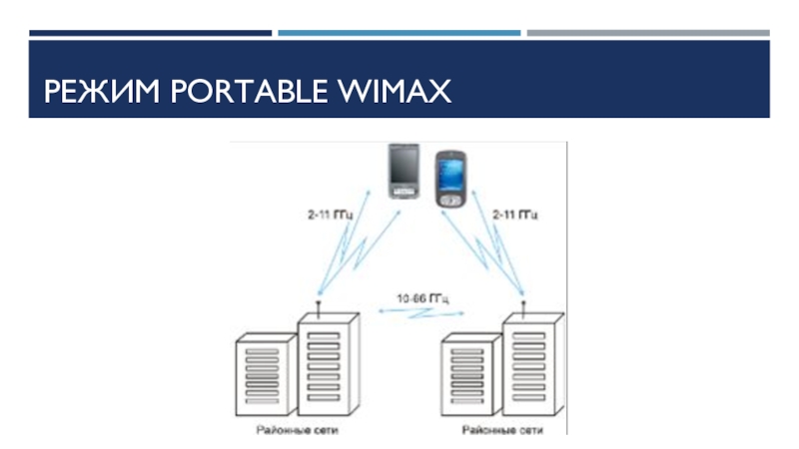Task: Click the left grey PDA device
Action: (x=403, y=171)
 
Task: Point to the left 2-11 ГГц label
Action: (x=330, y=214)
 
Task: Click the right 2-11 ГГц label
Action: (x=515, y=214)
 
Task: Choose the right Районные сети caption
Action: (x=501, y=431)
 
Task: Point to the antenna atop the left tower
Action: (x=317, y=303)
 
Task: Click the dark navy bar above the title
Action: (x=150, y=33)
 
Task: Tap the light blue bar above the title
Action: (x=399, y=33)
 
